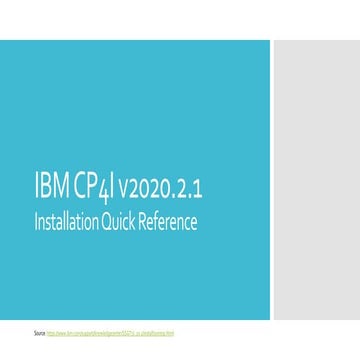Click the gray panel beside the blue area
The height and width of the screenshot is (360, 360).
click(x=315, y=180)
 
